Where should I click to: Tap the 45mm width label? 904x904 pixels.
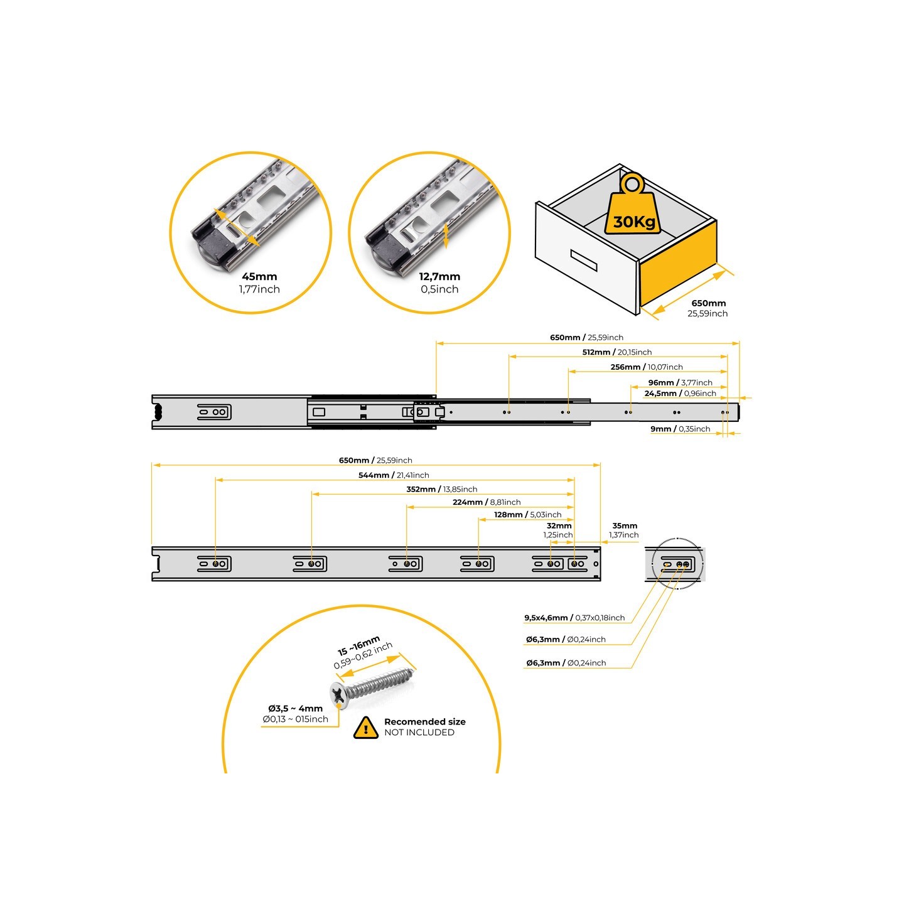[x=259, y=276]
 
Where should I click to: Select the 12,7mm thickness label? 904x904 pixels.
[x=439, y=276]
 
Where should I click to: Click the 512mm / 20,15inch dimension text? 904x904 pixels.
[x=616, y=352]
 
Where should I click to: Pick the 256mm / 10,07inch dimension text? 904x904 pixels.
[x=646, y=367]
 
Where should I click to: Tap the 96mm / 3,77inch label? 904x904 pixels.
[x=680, y=382]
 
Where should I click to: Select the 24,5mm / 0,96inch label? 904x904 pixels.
[x=680, y=394]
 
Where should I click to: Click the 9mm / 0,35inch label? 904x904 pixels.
[x=680, y=429]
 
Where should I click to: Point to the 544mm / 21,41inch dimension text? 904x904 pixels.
[x=394, y=475]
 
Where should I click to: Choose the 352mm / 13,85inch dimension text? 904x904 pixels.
[x=441, y=489]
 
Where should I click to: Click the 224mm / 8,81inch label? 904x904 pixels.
[x=487, y=502]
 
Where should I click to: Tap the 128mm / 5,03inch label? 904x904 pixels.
[x=527, y=515]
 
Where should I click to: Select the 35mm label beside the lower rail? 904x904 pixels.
[x=625, y=526]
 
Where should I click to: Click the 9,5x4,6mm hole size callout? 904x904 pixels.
[x=574, y=618]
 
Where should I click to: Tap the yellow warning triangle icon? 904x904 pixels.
[x=365, y=728]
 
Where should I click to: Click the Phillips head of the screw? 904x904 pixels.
[x=339, y=694]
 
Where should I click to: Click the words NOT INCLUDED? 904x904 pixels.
[x=419, y=733]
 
